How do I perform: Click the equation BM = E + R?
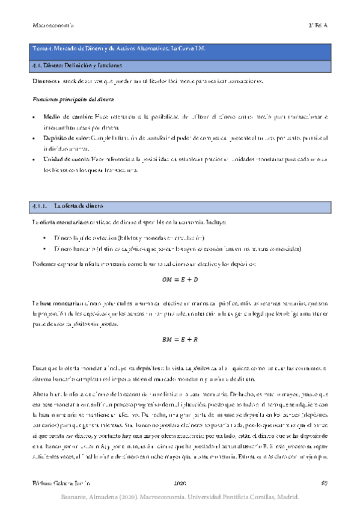[180, 340]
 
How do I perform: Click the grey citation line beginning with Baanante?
[180, 497]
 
